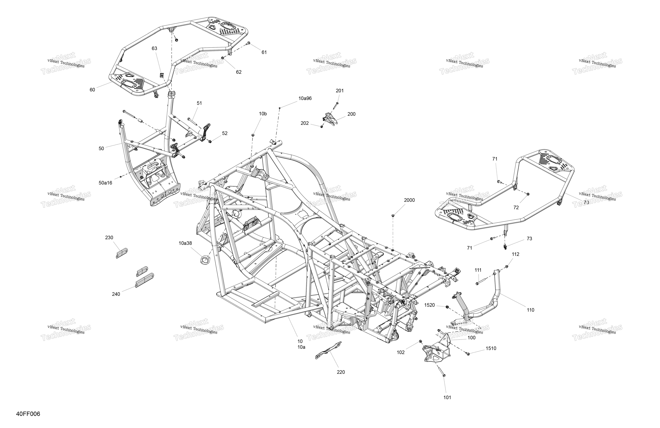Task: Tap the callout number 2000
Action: (409, 200)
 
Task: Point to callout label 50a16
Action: (105, 183)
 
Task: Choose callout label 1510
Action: (491, 348)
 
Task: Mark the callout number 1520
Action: (430, 305)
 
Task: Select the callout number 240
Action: (116, 294)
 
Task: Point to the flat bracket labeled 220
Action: (329, 350)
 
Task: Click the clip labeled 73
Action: (505, 245)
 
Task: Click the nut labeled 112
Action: (506, 267)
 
